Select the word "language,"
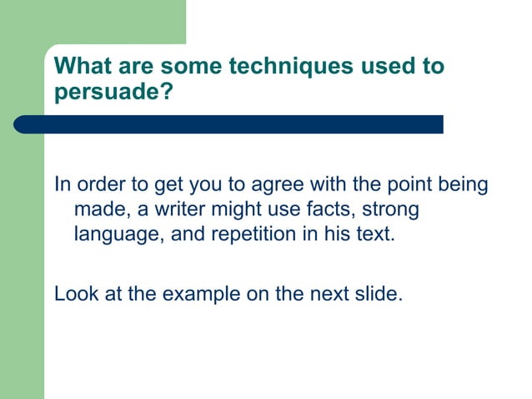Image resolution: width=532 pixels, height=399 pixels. click(118, 234)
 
